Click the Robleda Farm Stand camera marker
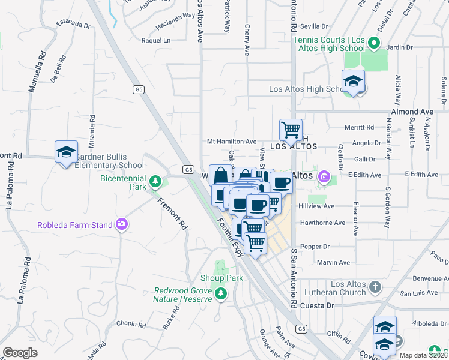tap(122, 224)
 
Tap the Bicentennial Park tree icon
tap(155, 181)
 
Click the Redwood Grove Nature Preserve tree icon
tap(221, 293)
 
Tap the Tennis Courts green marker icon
tap(373, 43)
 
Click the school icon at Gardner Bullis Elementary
tap(66, 151)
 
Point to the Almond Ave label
tap(412, 112)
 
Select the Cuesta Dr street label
tap(316, 305)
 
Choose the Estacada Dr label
tap(73, 26)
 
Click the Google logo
tap(20, 353)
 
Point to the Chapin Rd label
tap(131, 323)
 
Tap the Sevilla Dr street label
tap(314, 26)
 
